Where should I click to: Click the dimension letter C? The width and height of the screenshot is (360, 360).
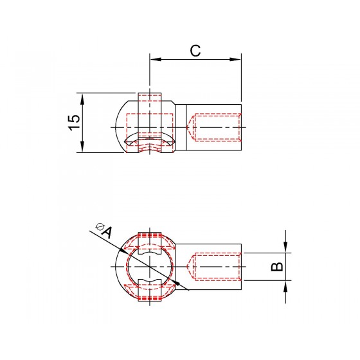pos(195,51)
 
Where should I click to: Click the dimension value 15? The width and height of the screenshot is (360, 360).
pos(74,122)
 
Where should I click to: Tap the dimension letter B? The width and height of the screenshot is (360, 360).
pos(277,267)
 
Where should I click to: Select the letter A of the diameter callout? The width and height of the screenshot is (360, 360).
pos(107,232)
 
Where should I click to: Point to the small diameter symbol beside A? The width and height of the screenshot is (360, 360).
pos(100,226)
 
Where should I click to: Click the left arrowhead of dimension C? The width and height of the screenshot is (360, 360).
pos(156,59)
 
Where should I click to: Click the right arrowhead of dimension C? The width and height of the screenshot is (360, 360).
pos(235,59)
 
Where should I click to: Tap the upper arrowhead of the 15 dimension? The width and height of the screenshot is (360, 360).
pos(82,99)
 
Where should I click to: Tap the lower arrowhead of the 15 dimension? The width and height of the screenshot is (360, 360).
pos(82,147)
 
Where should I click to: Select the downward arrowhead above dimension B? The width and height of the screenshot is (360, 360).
pos(285,248)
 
